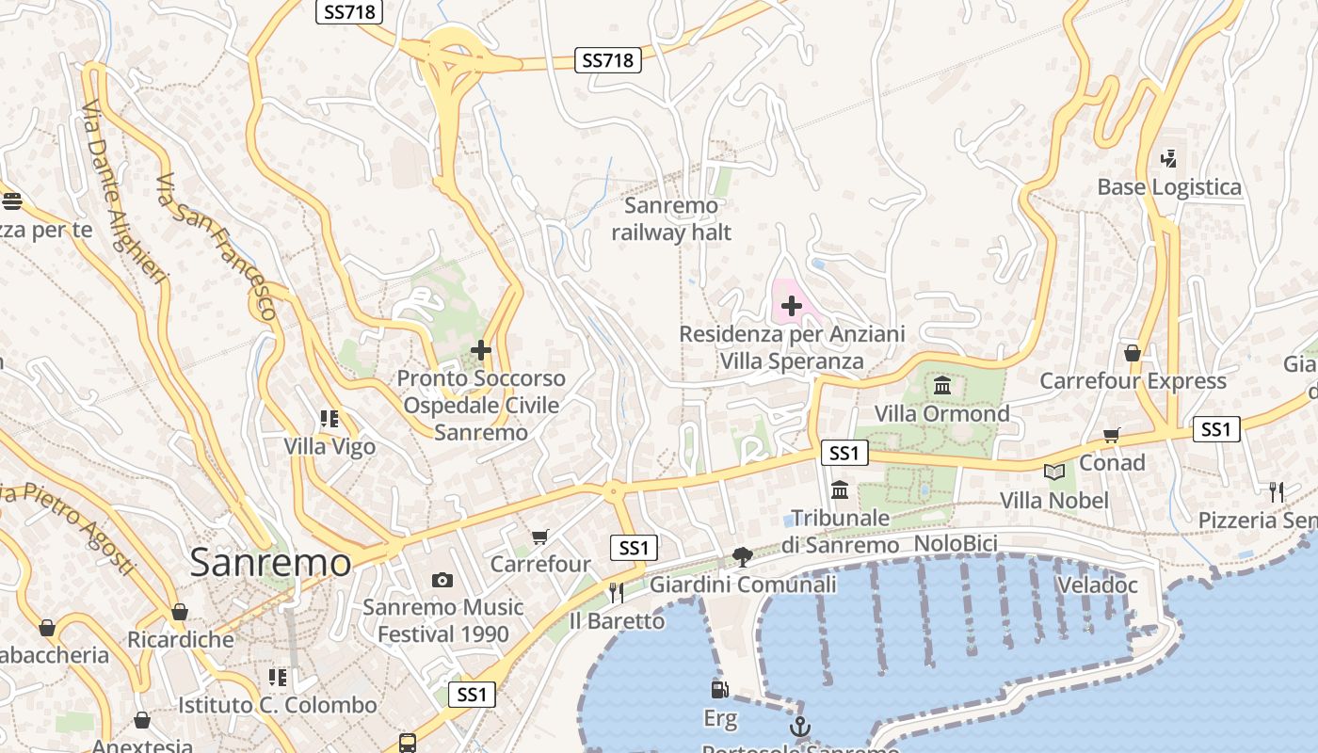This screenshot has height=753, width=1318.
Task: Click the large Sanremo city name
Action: [270, 563]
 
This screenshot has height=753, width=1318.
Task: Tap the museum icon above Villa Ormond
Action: [942, 385]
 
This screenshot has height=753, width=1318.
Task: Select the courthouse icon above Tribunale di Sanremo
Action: [840, 489]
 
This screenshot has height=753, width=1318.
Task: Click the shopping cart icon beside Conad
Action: [1112, 435]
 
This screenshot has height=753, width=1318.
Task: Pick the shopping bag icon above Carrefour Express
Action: [1133, 353]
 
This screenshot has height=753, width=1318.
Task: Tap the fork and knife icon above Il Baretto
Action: [617, 592]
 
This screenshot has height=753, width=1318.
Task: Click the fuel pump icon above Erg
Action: [720, 690]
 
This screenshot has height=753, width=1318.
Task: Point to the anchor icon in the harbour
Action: [799, 727]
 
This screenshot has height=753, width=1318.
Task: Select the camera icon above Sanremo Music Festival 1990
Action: [442, 580]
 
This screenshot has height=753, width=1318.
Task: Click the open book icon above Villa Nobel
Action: [1053, 472]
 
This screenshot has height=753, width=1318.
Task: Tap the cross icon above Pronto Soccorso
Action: [481, 350]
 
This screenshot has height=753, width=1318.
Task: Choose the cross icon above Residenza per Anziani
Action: [792, 306]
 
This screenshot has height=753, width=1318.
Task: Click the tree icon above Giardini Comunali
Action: [743, 557]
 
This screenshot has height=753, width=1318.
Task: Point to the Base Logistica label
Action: [1169, 186]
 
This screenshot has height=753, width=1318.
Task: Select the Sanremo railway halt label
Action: [671, 218]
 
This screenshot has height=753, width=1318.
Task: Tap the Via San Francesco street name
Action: [217, 247]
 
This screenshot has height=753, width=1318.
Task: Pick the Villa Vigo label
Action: [329, 446]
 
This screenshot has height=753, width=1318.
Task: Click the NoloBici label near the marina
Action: [956, 544]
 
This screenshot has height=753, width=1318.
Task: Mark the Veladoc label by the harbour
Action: [1098, 585]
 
